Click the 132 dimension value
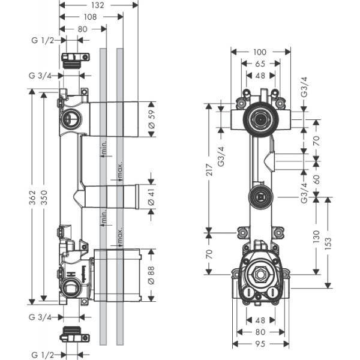[x=98, y=5]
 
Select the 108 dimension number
[x=91, y=17]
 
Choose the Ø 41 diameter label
[x=151, y=196]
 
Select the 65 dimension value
[x=260, y=64]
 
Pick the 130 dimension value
[x=317, y=236]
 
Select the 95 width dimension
[x=260, y=345]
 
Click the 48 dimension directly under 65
[x=260, y=76]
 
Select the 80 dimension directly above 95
[x=260, y=332]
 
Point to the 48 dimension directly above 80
[x=260, y=321]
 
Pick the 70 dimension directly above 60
[x=317, y=142]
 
